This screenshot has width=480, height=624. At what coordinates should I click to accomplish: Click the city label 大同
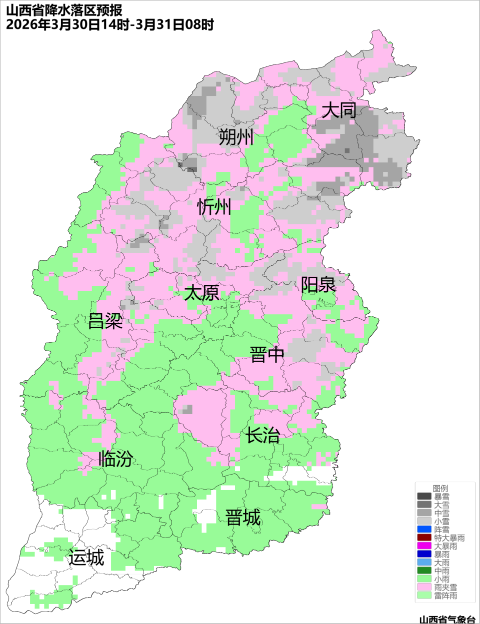tap(338, 110)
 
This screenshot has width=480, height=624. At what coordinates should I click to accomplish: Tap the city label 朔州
tap(236, 137)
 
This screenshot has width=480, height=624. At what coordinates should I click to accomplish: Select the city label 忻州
tap(214, 206)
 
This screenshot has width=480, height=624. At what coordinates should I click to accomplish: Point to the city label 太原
tap(201, 293)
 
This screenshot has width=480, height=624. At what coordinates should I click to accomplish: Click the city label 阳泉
tap(318, 285)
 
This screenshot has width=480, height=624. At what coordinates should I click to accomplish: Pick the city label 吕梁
tap(105, 321)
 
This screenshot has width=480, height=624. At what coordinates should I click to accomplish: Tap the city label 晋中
tap(267, 355)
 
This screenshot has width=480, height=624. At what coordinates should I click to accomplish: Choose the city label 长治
tap(262, 435)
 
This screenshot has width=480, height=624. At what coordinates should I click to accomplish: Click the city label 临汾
tap(115, 459)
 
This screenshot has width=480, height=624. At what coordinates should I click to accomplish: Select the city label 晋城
tap(243, 518)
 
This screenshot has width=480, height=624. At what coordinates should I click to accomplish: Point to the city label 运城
tap(86, 558)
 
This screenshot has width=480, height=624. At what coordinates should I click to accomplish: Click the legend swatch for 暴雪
tap(424, 497)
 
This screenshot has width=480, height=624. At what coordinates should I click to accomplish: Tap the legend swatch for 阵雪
tap(424, 530)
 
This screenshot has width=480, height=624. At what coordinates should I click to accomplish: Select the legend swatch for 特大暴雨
tap(424, 538)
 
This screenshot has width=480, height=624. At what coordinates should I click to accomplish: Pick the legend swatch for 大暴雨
tap(424, 546)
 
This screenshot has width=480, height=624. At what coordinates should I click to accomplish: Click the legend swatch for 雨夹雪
tap(424, 587)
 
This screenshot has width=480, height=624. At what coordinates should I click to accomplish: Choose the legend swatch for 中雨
tap(424, 571)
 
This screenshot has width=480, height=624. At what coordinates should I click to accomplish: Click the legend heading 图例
tap(440, 488)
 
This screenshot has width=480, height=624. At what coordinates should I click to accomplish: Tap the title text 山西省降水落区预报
tap(64, 10)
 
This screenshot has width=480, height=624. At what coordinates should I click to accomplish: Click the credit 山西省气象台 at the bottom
tap(447, 620)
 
